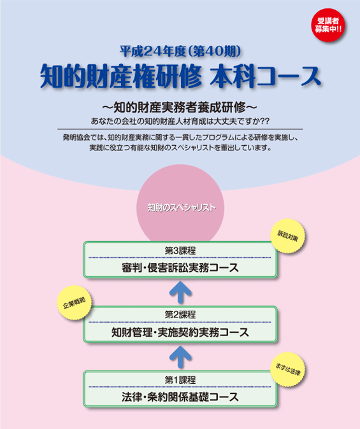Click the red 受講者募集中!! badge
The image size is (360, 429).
pyautogui.click(x=328, y=25)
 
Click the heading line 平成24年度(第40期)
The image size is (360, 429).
pyautogui.click(x=180, y=51)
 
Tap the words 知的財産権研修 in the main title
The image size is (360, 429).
pyautogui.click(x=121, y=76)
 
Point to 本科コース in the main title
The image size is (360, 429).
pyautogui.click(x=265, y=76)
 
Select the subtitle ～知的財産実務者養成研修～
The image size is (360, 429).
pyautogui.click(x=180, y=108)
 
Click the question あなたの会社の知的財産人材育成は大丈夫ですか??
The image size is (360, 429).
pyautogui.click(x=180, y=121)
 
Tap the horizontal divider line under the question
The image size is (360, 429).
pyautogui.click(x=180, y=129)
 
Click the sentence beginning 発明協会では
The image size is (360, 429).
pyautogui.click(x=180, y=137)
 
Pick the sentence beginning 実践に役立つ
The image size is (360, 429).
pyautogui.click(x=180, y=148)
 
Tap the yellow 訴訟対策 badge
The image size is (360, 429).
pyautogui.click(x=287, y=236)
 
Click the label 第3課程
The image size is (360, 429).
pyautogui.click(x=180, y=251)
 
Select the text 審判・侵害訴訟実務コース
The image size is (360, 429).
pyautogui.click(x=180, y=268)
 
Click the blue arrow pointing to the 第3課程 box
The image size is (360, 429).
pyautogui.click(x=180, y=293)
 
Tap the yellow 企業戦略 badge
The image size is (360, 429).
pyautogui.click(x=75, y=302)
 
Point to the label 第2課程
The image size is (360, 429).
pyautogui.click(x=180, y=315)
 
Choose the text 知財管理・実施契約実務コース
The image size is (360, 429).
pyautogui.click(x=180, y=332)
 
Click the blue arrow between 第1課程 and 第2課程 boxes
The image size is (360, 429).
pyautogui.click(x=180, y=357)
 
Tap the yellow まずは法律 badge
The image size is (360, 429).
pyautogui.click(x=287, y=370)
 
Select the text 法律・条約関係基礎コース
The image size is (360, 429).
pyautogui.click(x=180, y=397)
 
